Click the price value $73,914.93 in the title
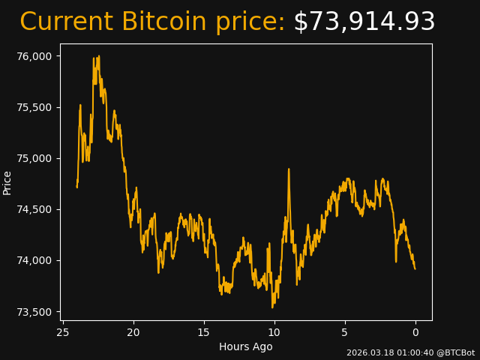pos(364,22)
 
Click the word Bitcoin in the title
pos(163,22)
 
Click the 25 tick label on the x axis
pos(63,332)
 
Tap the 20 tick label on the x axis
pos(133,332)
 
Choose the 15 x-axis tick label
pos(204,332)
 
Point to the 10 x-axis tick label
pos(274,332)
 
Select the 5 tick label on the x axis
pos(345,332)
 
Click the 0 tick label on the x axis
pos(415,332)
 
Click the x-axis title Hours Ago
pos(246,346)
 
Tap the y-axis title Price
pos(7,183)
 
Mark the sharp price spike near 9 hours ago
pos(289,169)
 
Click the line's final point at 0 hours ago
pos(415,268)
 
